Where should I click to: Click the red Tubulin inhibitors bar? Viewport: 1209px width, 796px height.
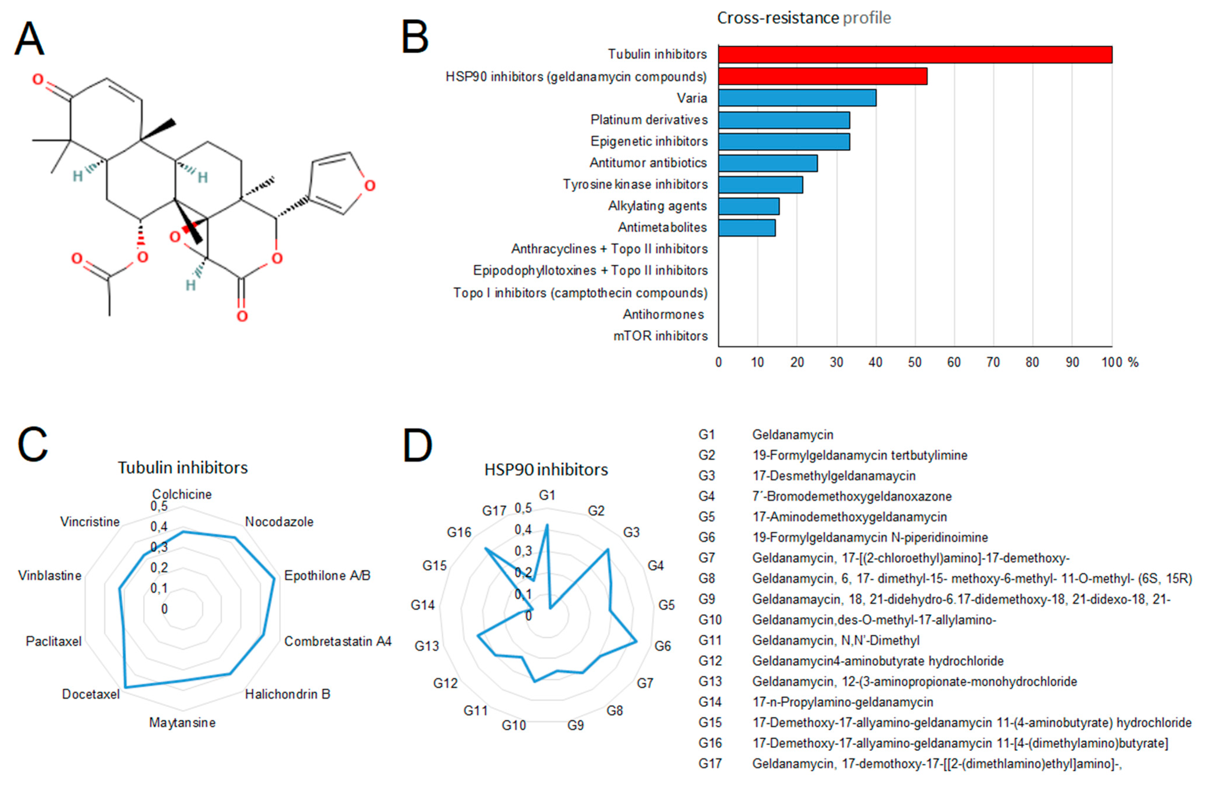(x=914, y=54)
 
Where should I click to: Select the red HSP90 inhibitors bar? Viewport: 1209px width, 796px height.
(x=822, y=76)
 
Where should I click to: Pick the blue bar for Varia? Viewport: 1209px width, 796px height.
(x=797, y=98)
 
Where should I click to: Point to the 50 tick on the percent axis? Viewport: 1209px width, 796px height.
(x=914, y=362)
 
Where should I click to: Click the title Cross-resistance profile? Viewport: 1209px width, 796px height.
(x=804, y=18)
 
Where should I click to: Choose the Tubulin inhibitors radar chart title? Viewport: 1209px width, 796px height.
(x=182, y=468)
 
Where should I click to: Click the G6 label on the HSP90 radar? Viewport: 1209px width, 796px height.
(x=663, y=646)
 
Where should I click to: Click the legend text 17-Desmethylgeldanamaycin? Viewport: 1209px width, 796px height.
(x=833, y=476)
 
